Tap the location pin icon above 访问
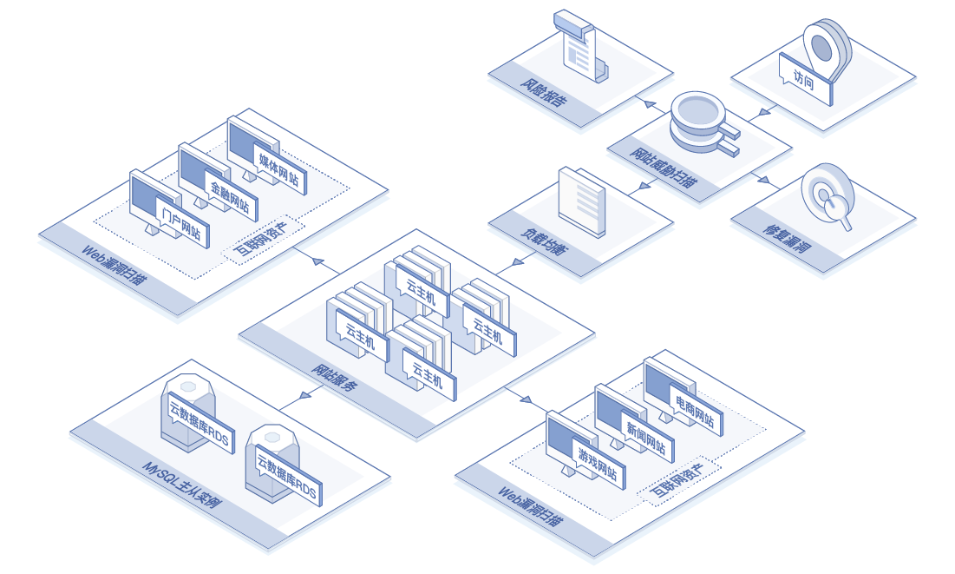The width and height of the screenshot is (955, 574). click(827, 49)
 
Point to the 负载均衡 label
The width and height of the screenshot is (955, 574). click(545, 241)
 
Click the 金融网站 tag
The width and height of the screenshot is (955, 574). click(230, 197)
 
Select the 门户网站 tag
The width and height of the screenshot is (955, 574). click(181, 223)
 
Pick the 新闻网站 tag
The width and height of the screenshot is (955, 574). click(646, 438)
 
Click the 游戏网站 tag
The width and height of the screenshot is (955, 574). click(598, 465)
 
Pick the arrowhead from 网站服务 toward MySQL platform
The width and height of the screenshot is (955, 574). click(305, 395)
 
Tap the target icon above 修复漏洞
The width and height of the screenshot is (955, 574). click(827, 195)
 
